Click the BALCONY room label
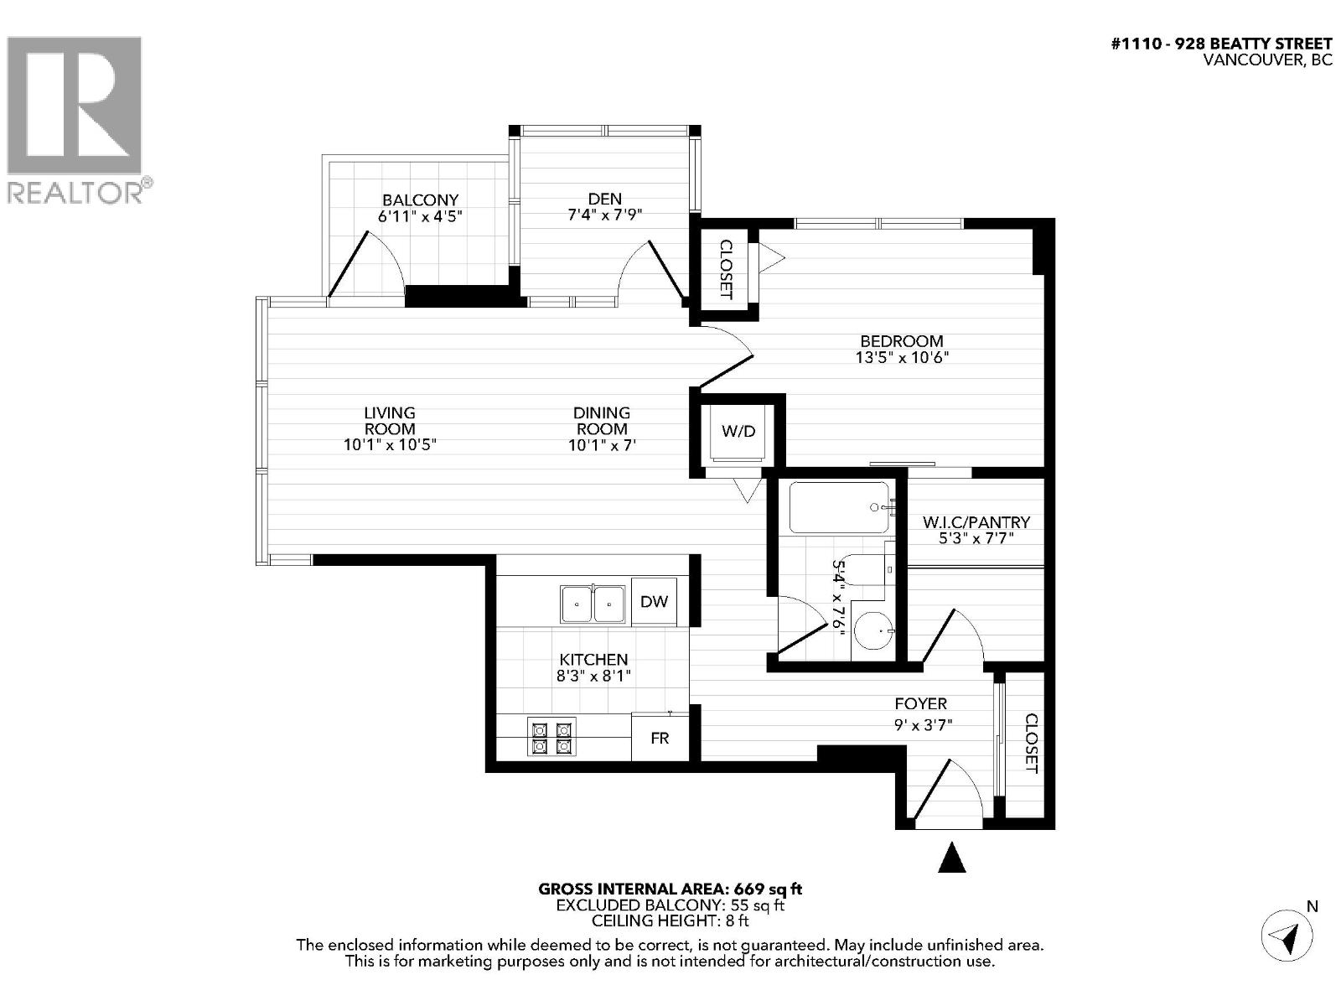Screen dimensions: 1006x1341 click(420, 200)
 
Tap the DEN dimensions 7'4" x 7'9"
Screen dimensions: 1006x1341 click(604, 215)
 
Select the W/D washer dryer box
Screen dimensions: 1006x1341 click(738, 432)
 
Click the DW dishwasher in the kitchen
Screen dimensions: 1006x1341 click(654, 601)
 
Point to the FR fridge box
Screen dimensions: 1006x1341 click(660, 738)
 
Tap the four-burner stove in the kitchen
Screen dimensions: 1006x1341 click(551, 737)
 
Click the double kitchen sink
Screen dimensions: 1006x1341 click(593, 603)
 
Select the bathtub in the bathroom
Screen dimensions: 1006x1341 click(838, 508)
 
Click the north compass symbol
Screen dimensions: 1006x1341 click(1288, 934)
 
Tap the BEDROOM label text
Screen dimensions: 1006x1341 click(901, 341)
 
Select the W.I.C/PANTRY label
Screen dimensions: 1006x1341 click(976, 522)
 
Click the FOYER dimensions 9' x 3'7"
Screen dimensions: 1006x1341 click(924, 725)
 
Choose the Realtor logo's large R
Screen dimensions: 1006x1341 click(74, 105)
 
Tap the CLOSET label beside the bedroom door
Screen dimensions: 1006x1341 click(726, 270)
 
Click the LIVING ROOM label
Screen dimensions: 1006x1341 click(390, 420)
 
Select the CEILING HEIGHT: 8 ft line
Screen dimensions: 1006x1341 click(670, 920)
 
